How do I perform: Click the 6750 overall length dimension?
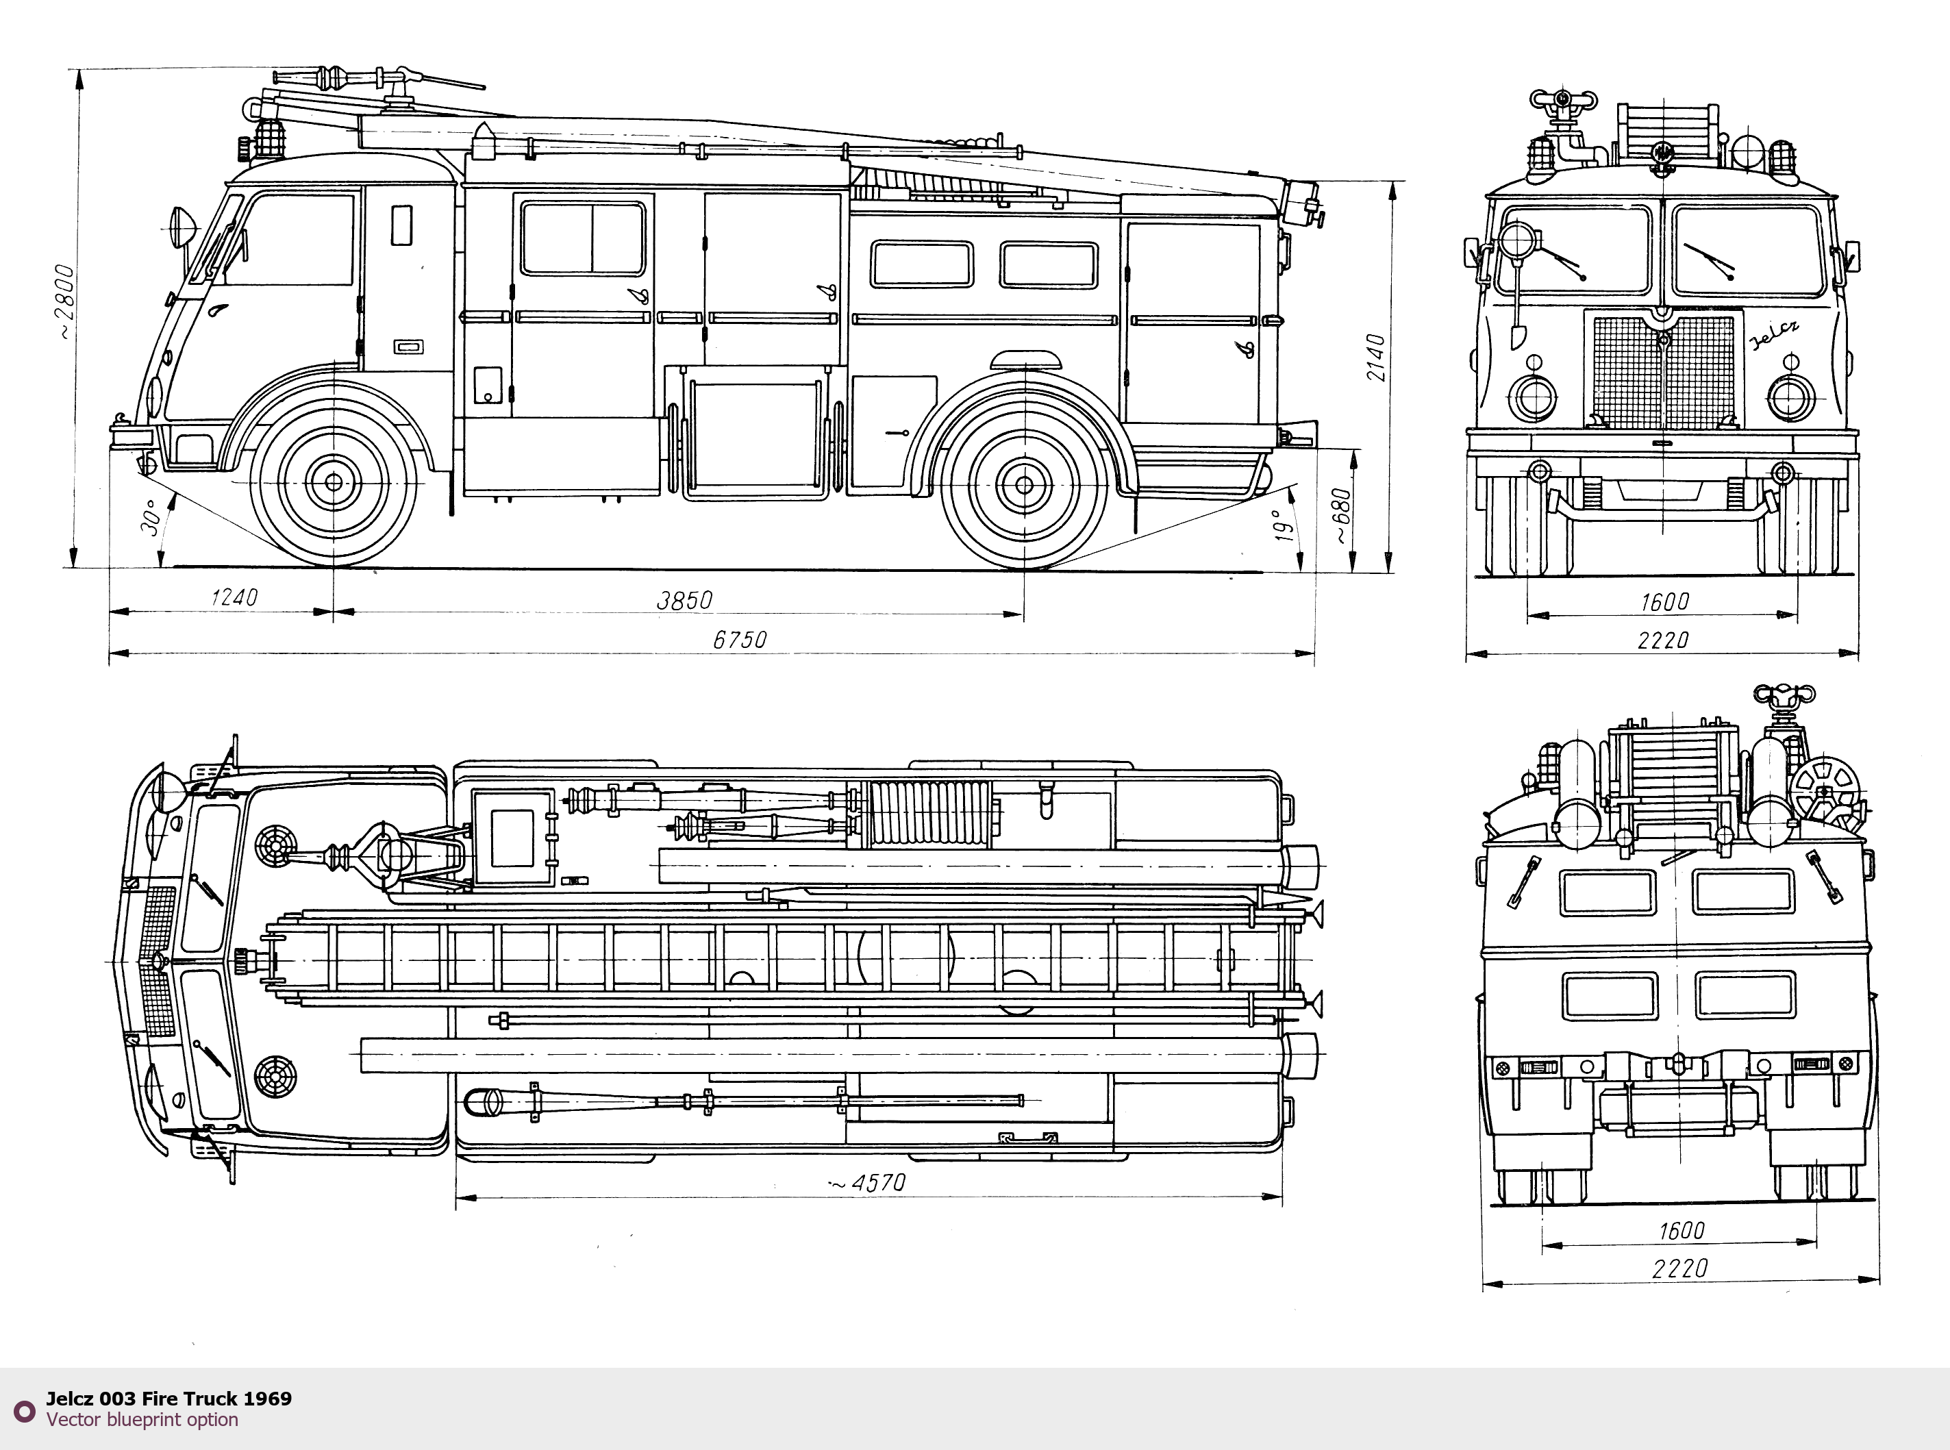pos(739,640)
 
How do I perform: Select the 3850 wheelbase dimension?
pos(684,601)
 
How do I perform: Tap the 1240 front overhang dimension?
pos(234,598)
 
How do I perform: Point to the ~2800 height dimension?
pos(64,301)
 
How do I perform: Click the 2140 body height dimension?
pos(1375,358)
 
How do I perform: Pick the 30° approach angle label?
pos(150,517)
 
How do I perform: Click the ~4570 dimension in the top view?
pos(868,1183)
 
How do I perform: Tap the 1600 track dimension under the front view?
pos(1664,602)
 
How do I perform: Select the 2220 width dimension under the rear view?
pos(1679,1268)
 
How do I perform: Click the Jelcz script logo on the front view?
pos(1775,334)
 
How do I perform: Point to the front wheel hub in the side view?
pos(334,482)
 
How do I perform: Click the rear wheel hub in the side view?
pos(1023,484)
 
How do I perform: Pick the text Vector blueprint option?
pos(142,1419)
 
